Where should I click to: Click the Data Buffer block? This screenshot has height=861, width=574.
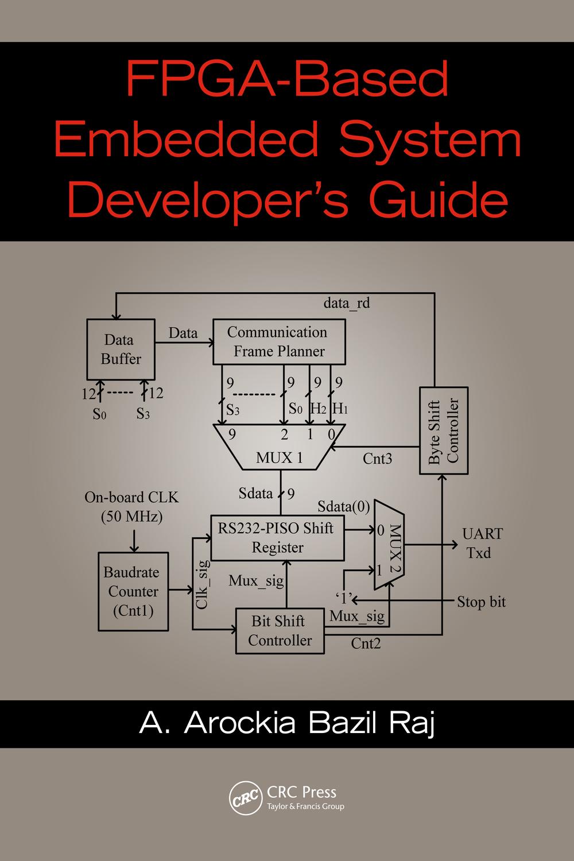(121, 350)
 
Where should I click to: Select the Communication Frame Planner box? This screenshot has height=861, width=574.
(279, 342)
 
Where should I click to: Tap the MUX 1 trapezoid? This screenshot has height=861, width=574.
(280, 451)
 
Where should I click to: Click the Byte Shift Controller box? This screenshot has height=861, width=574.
(444, 430)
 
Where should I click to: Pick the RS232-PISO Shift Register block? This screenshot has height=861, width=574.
(277, 537)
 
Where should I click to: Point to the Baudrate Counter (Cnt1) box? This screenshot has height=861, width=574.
(133, 591)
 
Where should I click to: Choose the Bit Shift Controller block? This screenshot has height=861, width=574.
(280, 631)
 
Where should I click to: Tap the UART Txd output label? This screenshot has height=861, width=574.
(482, 543)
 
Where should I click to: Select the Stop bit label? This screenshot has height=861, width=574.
(481, 602)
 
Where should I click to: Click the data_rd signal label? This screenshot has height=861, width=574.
(347, 302)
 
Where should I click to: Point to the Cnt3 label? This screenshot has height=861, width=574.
(378, 459)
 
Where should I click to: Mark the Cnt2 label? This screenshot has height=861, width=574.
(366, 643)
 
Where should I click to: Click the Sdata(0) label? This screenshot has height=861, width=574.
(343, 506)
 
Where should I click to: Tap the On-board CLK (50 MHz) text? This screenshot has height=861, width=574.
(131, 506)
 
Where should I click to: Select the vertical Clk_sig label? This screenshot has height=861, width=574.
(202, 584)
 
